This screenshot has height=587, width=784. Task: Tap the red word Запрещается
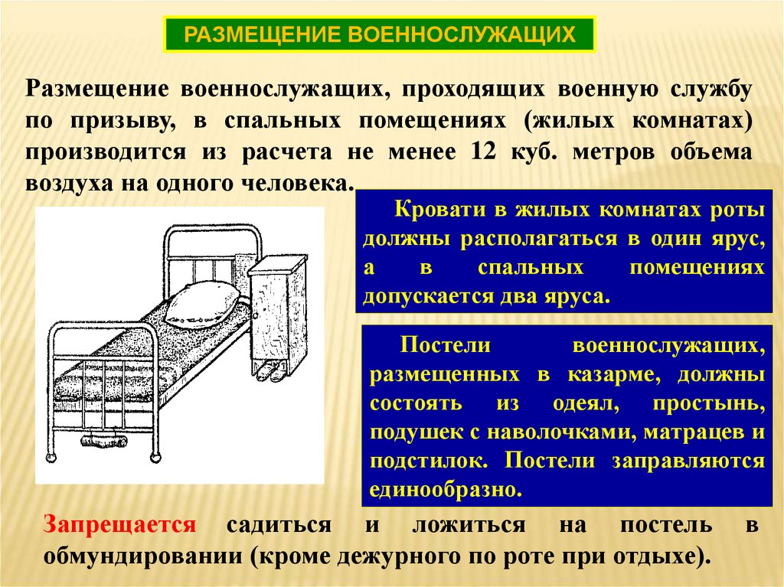tap(120, 526)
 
